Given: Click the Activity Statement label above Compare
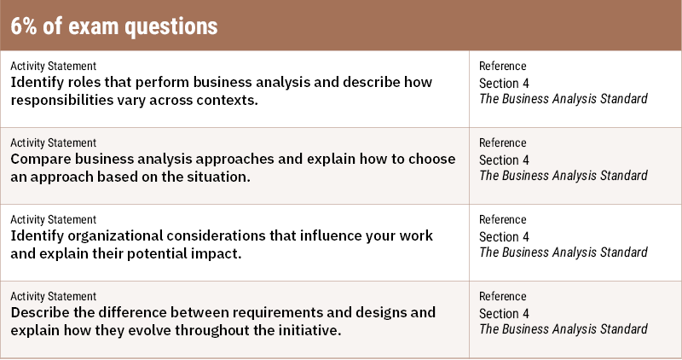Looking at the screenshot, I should pos(53,142).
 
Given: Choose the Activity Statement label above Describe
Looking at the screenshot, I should pos(53,295).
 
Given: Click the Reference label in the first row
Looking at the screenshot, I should pos(502,66).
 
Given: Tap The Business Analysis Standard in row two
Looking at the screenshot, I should pos(563,176).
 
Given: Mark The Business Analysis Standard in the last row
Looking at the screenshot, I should pos(563,328).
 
